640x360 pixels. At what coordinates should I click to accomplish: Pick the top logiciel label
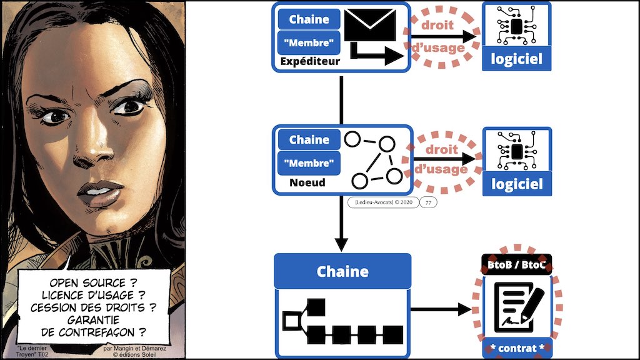tap(517, 59)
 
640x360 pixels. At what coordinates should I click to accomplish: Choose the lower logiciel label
tap(517, 184)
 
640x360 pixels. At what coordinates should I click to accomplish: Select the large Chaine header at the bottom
tap(342, 271)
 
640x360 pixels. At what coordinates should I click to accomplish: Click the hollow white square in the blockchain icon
tap(291, 322)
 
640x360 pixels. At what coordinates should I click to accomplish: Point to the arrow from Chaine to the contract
tap(441, 309)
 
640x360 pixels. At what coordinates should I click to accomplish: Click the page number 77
tap(428, 202)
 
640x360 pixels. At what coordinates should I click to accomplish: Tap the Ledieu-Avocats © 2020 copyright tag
tap(382, 202)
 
